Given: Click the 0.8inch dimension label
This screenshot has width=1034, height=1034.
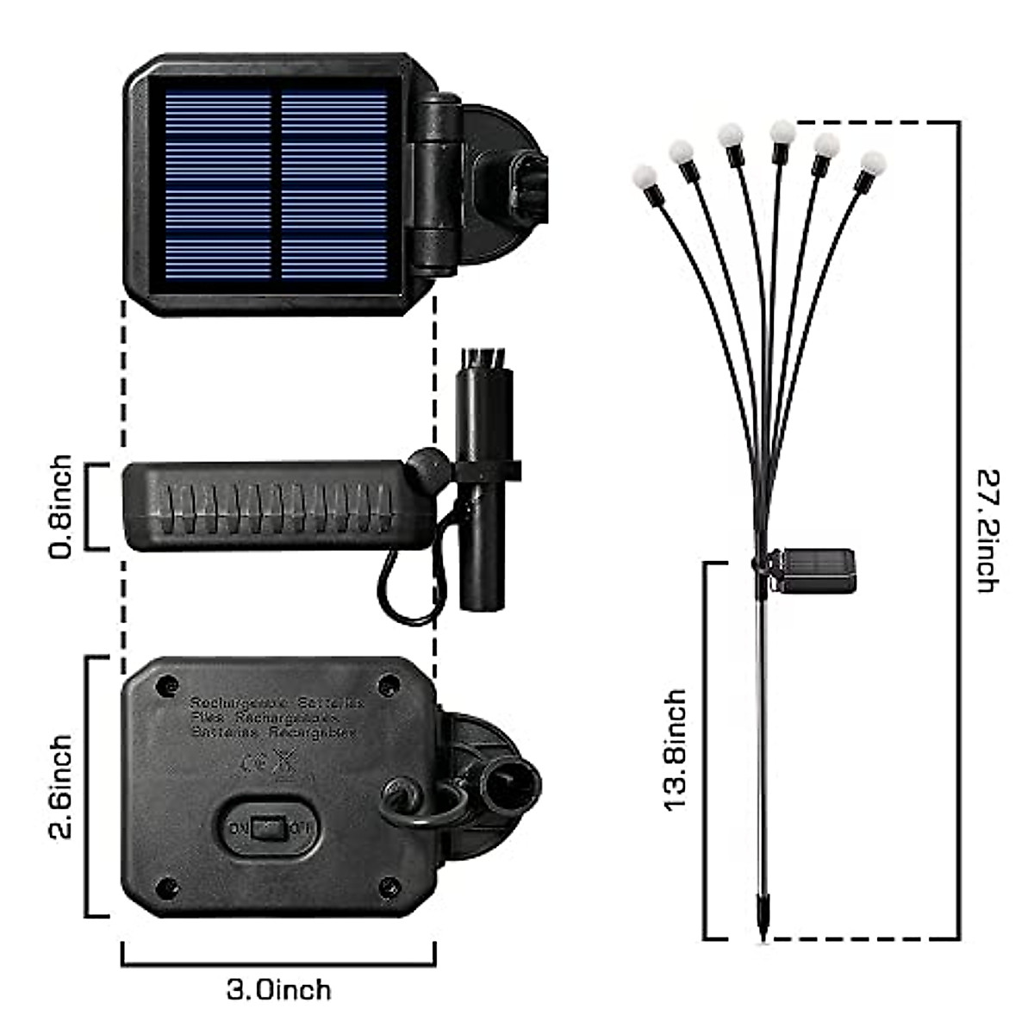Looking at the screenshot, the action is [x=62, y=507].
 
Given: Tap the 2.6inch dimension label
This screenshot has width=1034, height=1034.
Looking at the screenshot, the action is [x=62, y=787].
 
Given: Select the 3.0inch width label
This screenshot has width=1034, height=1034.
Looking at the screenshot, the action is [x=278, y=989].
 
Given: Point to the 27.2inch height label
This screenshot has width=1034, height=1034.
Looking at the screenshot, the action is [x=987, y=529].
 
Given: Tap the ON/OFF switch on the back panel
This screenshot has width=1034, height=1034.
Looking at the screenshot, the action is [x=269, y=829].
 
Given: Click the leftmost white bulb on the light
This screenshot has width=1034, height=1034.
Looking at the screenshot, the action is [x=644, y=177].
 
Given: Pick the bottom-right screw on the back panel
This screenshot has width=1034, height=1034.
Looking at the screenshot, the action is [x=389, y=885].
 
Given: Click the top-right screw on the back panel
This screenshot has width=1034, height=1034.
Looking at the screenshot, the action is [x=389, y=686].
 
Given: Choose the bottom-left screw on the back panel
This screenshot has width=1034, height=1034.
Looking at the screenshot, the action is [x=164, y=885].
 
